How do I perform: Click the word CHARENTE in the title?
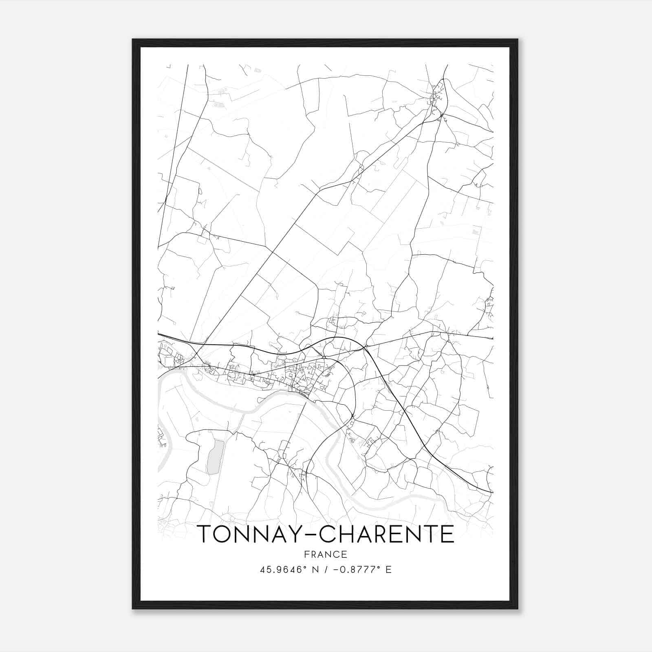point(386,534)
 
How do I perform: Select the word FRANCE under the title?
point(326,554)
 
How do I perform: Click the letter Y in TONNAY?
point(299,534)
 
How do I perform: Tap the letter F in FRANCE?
point(306,554)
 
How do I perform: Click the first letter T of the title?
point(204,534)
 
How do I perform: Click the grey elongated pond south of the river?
point(215,457)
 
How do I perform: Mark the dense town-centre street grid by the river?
point(304,381)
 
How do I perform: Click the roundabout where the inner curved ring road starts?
point(324,357)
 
